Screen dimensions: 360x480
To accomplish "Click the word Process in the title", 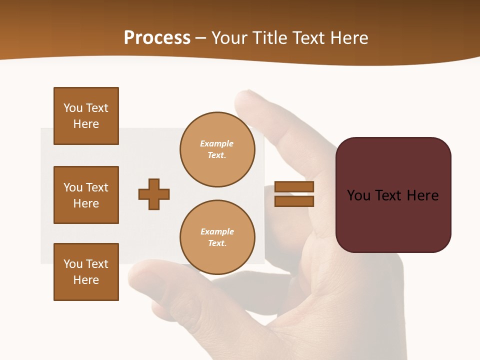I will point(157,38).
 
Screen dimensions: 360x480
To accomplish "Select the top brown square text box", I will point(86,116).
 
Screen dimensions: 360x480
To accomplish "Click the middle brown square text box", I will point(86,195).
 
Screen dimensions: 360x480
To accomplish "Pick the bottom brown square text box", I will point(86,272).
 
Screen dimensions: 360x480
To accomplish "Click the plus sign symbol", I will point(154,194).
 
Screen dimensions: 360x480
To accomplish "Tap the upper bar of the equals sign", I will point(294,187).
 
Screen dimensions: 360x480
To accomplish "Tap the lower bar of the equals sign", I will point(294,201).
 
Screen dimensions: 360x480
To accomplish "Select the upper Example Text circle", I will point(217,149).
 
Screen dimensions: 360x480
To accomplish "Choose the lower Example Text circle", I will point(217,237).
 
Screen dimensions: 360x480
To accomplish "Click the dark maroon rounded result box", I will point(393,195).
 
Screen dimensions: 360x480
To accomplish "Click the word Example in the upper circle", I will point(217,143).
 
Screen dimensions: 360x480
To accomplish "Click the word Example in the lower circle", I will point(217,231).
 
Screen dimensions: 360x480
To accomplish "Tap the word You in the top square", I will point(73,108).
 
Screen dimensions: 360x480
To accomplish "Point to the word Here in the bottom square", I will point(86,280).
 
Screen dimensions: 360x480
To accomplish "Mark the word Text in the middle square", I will point(97,187).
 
